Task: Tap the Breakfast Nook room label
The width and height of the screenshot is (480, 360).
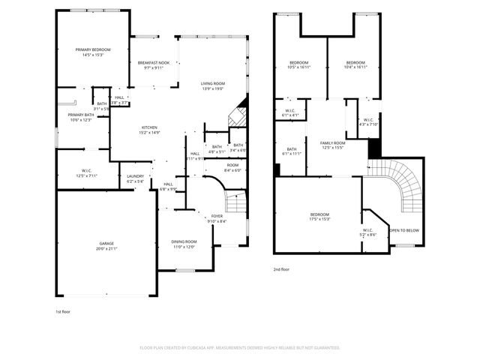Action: coord(153,63)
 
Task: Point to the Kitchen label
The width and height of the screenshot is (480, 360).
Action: coord(150,127)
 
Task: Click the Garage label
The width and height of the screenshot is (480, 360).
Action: coord(107,244)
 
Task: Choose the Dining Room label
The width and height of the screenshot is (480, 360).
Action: coord(184,241)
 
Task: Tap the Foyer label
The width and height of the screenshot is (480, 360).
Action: coord(217,216)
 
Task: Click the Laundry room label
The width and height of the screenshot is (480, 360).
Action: coord(135,177)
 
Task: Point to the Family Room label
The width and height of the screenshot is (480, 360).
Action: coord(332,142)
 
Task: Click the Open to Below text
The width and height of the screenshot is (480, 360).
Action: coord(404,230)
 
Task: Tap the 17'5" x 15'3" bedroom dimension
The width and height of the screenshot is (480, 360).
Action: coord(319,219)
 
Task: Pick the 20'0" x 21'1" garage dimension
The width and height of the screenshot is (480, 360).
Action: coord(107,249)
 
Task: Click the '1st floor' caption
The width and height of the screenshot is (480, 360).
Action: coord(63,311)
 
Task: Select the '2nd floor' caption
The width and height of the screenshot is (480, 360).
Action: coord(282,268)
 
